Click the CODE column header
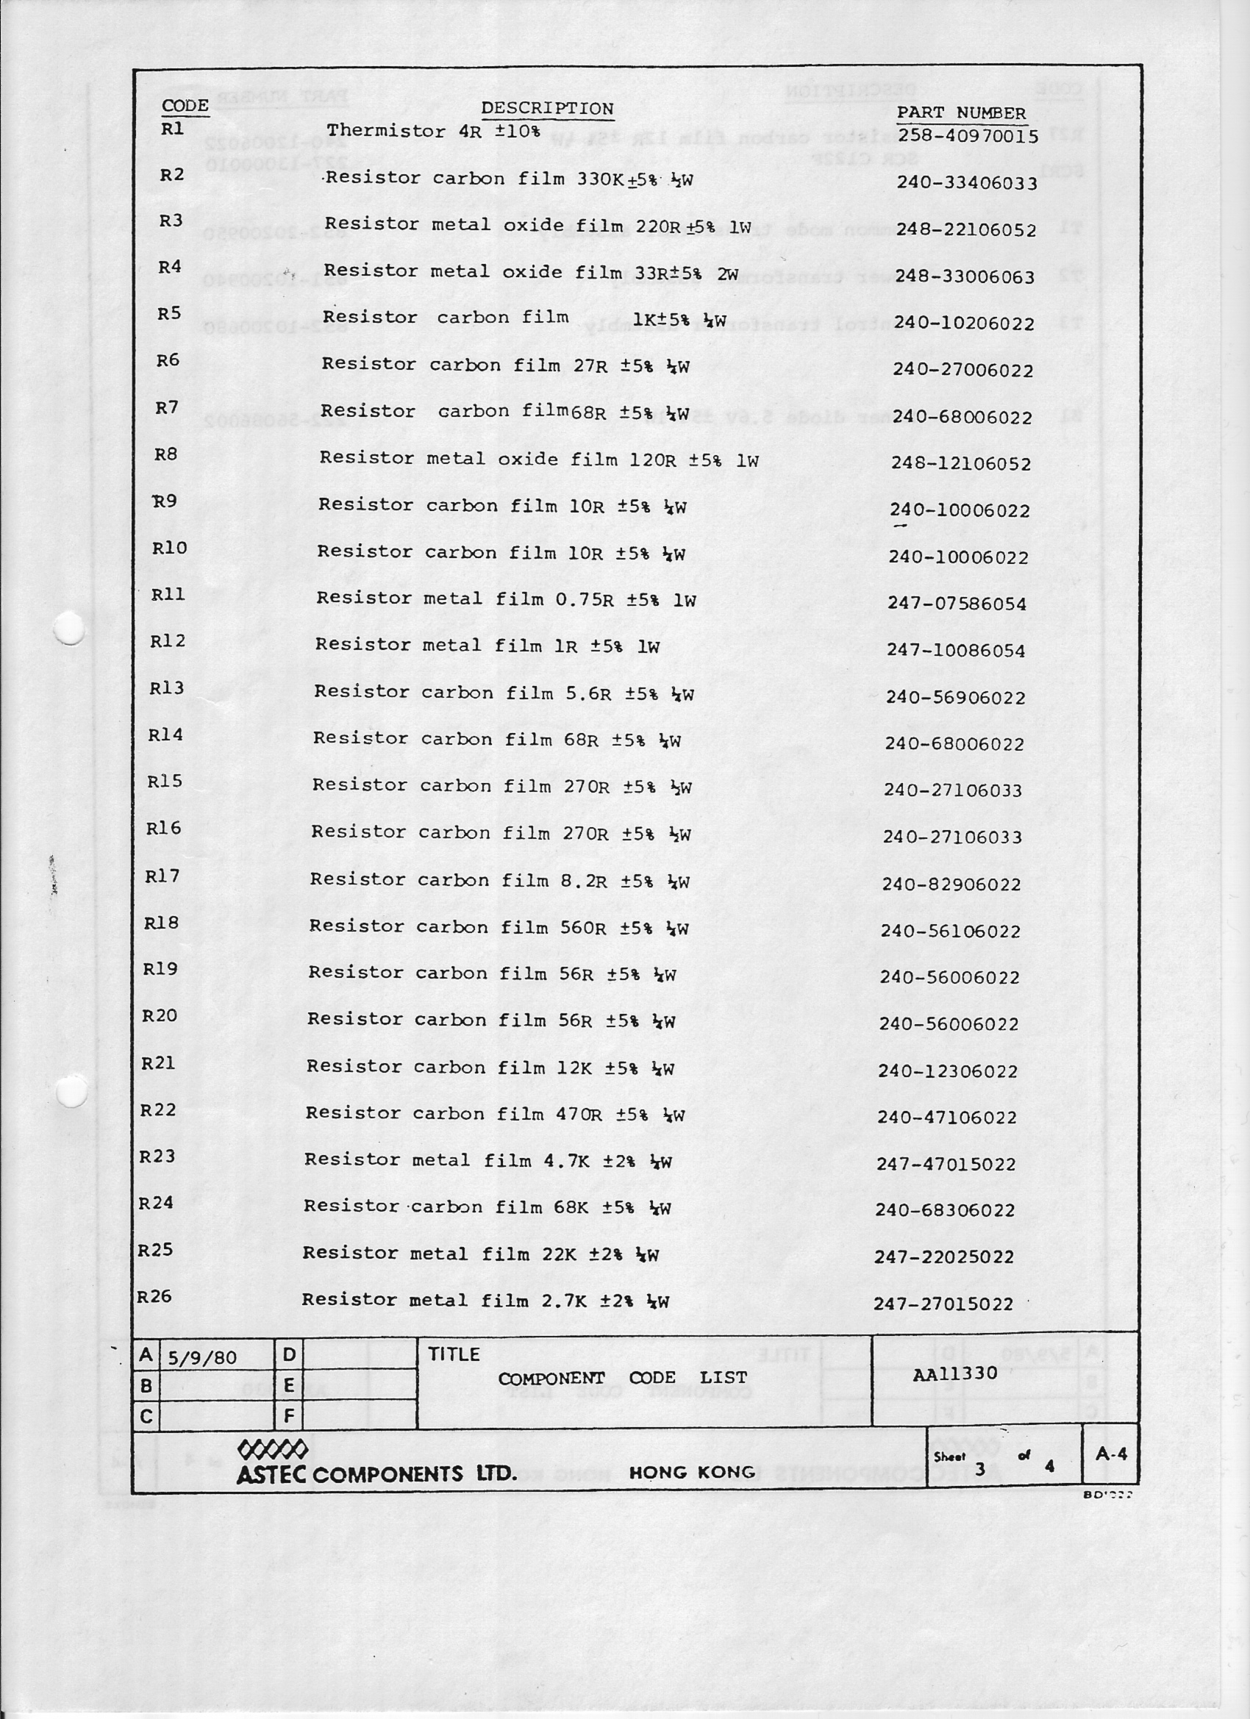click(185, 105)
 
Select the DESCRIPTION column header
click(546, 108)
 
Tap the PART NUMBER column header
click(960, 113)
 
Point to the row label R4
click(170, 267)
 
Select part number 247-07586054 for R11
click(957, 604)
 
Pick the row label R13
click(166, 687)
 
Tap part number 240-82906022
click(951, 884)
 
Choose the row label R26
click(154, 1296)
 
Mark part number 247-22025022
click(944, 1257)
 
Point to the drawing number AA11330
click(954, 1374)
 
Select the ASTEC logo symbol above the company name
click(272, 1450)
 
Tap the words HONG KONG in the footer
click(691, 1473)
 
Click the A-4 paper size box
click(1111, 1454)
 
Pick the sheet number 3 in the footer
click(979, 1469)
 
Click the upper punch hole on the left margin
click(69, 629)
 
